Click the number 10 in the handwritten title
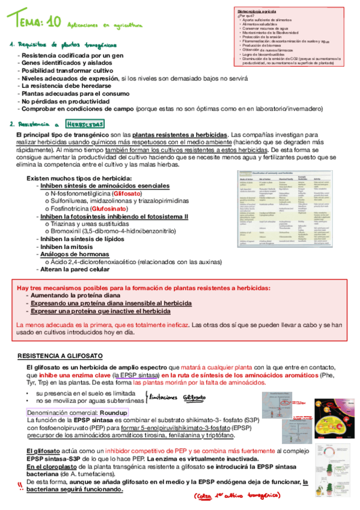coord(53,22)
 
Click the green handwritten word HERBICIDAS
coord(85,124)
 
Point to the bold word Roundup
coord(114,413)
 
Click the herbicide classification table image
coord(285,208)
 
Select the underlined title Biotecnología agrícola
coord(257,11)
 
